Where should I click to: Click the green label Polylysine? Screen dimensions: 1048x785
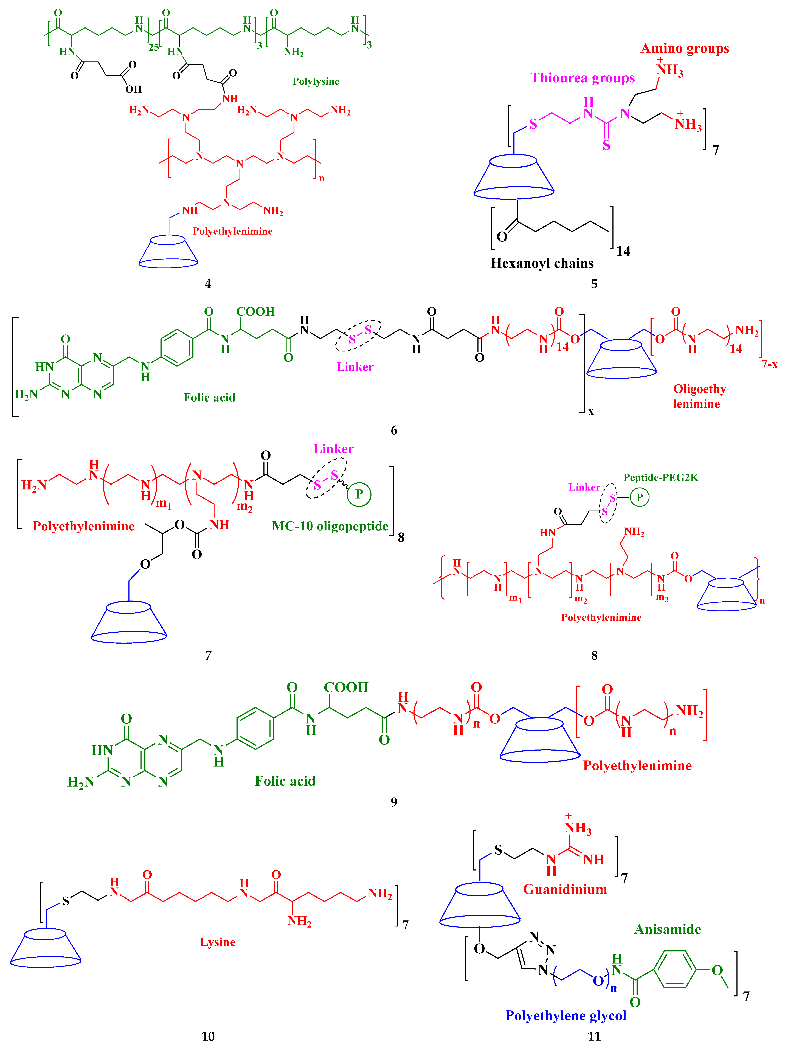[x=316, y=81]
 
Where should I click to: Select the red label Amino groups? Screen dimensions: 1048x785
[x=685, y=49]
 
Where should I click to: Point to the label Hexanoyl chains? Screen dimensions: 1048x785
[x=542, y=263]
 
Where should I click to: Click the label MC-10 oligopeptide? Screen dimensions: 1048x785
[x=330, y=526]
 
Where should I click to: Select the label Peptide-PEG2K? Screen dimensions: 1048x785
[x=661, y=478]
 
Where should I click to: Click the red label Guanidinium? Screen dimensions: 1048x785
[x=565, y=889]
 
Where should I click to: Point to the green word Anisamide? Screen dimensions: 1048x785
[x=668, y=929]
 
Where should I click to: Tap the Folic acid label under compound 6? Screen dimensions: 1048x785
[x=209, y=398]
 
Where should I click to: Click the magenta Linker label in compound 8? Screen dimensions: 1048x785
[x=584, y=487]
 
